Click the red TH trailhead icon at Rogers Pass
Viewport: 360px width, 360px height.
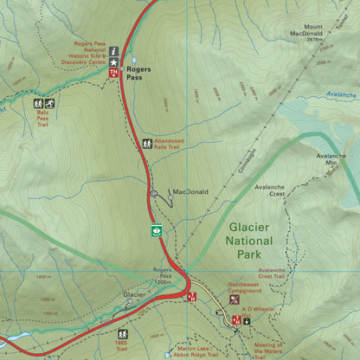[112, 74]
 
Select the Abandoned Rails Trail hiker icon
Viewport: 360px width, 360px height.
[147, 144]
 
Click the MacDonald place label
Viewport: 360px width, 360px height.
[191, 192]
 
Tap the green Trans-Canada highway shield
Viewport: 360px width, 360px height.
[157, 230]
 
